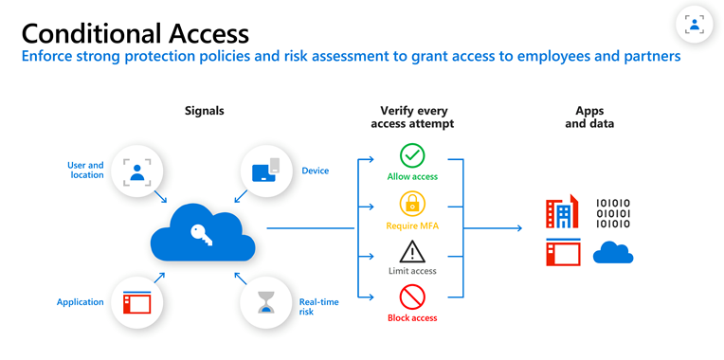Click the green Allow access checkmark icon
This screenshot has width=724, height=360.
[412, 155]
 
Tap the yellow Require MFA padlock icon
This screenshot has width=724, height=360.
[412, 204]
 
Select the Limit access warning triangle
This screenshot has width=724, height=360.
[412, 251]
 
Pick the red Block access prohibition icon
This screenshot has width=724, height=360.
[412, 298]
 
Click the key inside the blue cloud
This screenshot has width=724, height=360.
[201, 233]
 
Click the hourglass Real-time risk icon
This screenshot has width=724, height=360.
[265, 301]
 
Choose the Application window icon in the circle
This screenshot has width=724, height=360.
[138, 302]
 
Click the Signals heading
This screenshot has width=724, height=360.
[205, 111]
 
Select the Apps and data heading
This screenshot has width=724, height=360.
[588, 117]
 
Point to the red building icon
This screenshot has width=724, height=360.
[561, 213]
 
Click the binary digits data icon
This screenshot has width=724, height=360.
[613, 213]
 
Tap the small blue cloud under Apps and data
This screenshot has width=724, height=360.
[613, 252]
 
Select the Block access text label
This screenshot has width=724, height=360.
[411, 318]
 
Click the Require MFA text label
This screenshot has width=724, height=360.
[411, 225]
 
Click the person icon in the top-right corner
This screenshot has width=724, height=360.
[694, 25]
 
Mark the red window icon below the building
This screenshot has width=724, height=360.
[561, 253]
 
